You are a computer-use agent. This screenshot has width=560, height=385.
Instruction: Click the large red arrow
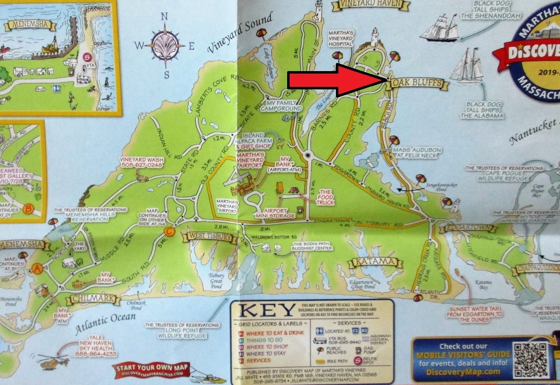pyautogui.click(x=335, y=80)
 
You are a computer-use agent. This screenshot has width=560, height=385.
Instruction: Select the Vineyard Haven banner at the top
pyautogui.click(x=370, y=5)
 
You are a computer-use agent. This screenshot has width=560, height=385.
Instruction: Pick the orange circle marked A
pyautogui.click(x=37, y=269)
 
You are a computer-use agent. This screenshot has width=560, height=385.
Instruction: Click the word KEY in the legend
pyautogui.click(x=267, y=310)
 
